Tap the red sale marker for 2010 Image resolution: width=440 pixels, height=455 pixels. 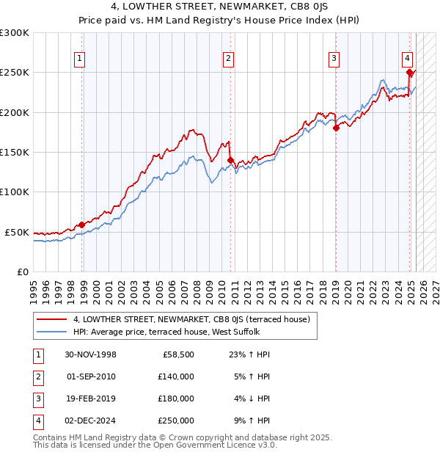(230, 160)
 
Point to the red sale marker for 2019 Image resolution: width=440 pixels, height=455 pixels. (336, 128)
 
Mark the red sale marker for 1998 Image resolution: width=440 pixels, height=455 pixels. (81, 225)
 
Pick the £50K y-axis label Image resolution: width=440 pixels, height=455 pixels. (17, 232)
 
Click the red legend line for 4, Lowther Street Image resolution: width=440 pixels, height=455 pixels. (51, 319)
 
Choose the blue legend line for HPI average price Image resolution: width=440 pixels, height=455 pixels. (51, 332)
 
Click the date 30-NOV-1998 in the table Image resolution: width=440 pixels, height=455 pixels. (90, 354)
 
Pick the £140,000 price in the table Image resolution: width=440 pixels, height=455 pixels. (176, 376)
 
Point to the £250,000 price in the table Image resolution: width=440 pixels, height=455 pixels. (176, 421)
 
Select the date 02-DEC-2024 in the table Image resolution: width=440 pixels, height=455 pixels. (90, 421)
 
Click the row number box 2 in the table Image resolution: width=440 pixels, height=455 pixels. (37, 376)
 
